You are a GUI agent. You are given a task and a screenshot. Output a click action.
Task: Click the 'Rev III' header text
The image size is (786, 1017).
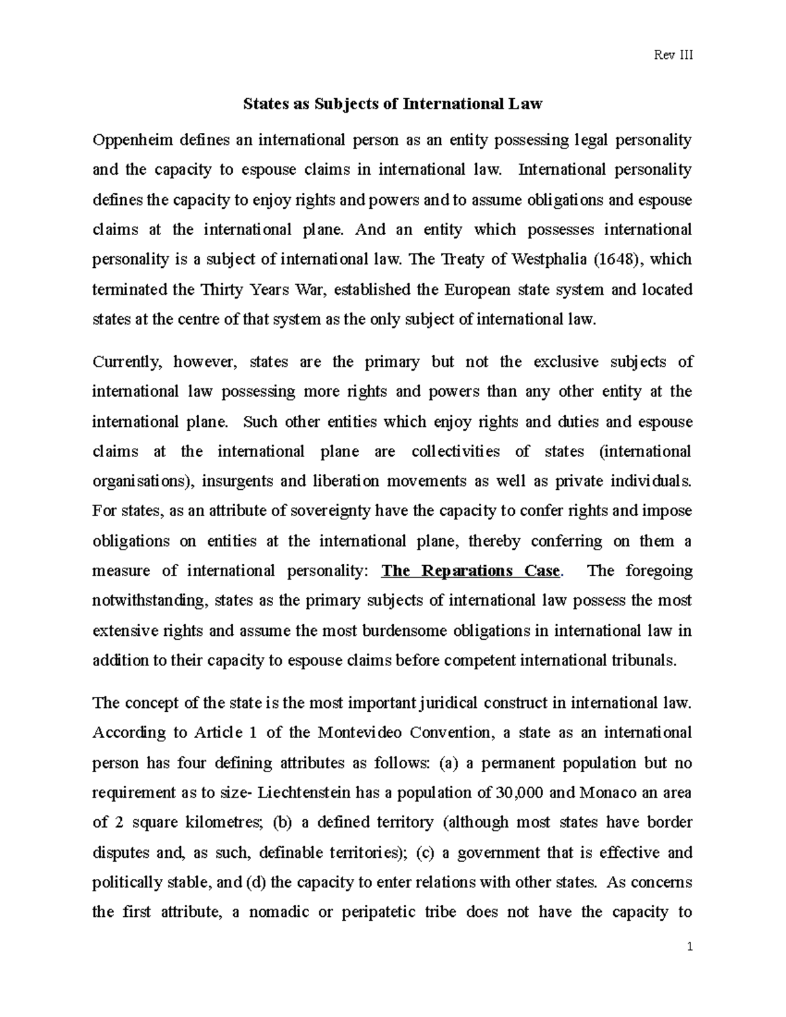[x=673, y=55]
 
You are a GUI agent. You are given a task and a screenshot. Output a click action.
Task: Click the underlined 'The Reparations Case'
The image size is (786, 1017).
[x=470, y=571]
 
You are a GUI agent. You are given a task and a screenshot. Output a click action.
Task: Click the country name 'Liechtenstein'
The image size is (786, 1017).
[x=305, y=793]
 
